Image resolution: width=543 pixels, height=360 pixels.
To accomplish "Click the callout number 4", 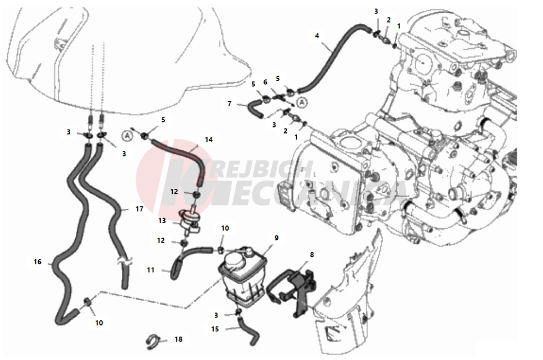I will [317, 36].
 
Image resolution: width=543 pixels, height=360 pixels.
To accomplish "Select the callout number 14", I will [208, 140].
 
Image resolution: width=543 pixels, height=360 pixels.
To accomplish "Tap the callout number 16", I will [38, 261].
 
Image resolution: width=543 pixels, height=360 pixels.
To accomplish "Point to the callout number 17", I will [139, 209].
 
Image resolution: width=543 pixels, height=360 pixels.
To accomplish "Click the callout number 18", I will [178, 339].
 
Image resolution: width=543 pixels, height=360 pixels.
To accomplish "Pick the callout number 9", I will [276, 238].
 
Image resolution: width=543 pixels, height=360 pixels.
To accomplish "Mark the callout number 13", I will [162, 220].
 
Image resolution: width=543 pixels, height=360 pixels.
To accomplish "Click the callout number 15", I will [215, 328].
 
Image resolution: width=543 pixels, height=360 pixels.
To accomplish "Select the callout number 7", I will [230, 103].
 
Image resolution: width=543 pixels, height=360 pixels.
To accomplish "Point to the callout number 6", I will [265, 82].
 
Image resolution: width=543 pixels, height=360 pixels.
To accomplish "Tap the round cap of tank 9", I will [235, 257].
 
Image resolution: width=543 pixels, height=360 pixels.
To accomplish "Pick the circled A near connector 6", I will [302, 102].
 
